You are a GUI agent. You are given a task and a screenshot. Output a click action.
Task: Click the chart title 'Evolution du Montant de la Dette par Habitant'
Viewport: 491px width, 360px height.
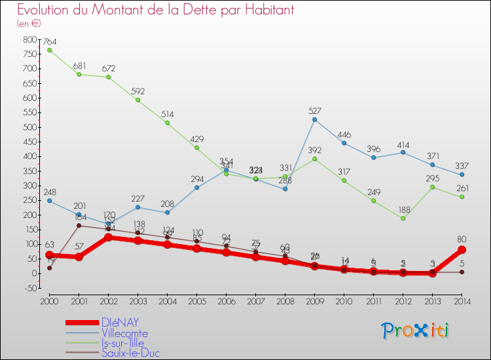click(155, 10)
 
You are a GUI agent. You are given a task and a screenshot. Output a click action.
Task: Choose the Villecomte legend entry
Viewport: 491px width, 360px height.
click(124, 333)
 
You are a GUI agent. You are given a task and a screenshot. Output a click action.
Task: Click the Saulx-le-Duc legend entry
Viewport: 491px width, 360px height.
click(130, 353)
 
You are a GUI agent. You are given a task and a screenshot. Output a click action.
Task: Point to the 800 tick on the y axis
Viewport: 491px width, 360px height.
click(29, 40)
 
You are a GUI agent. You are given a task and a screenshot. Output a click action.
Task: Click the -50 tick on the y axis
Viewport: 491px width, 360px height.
click(29, 287)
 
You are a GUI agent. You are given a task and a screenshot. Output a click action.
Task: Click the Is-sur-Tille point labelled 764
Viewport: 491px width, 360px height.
click(49, 50)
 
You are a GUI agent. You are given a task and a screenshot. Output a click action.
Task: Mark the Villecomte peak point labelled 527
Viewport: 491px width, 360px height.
click(314, 119)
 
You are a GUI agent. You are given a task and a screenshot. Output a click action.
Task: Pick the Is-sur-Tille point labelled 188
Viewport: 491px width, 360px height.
click(403, 218)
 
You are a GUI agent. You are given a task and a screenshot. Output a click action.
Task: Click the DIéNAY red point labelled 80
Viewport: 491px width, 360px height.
click(462, 249)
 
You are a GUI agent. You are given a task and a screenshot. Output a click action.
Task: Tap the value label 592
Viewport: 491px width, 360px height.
click(137, 90)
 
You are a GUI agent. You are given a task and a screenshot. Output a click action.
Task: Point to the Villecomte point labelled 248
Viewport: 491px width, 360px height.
click(49, 200)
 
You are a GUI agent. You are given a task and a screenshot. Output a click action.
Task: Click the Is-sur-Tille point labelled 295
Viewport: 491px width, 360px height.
click(432, 187)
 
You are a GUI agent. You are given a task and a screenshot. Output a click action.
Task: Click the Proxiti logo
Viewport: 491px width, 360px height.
click(416, 331)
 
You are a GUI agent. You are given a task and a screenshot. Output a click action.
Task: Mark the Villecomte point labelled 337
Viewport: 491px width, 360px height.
click(462, 175)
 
